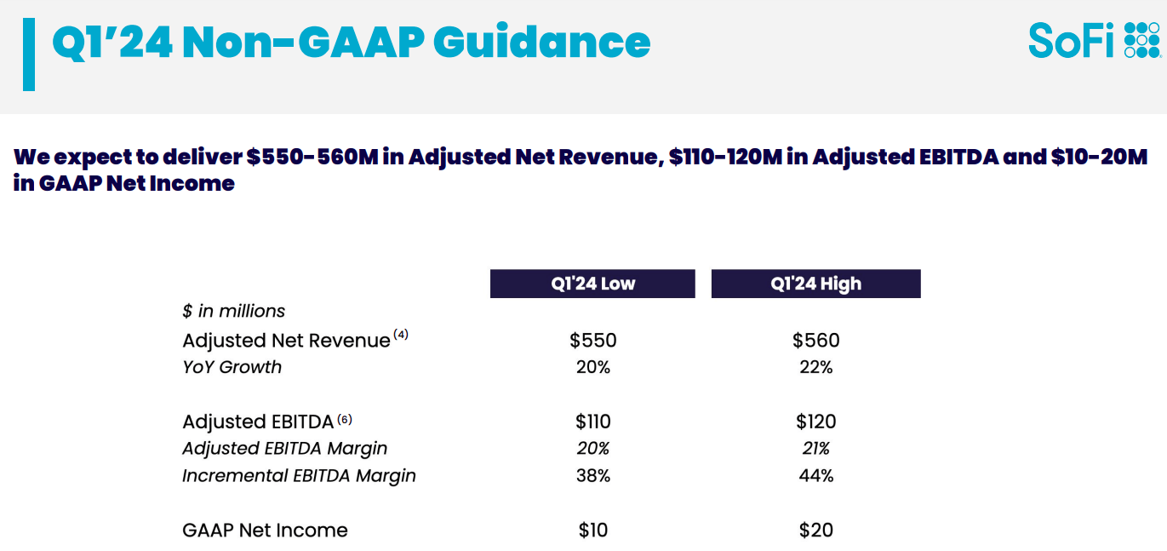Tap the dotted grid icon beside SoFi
coord(1141,40)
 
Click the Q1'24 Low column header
coord(592,284)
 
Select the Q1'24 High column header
coord(815,284)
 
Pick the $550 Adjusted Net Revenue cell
coord(593,341)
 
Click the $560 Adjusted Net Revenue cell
coord(815,341)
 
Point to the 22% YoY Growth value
coord(815,368)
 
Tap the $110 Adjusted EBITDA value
coord(593,422)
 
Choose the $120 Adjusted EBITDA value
coord(815,422)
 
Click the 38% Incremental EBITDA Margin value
coord(593,476)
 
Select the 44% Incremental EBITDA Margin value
coord(815,476)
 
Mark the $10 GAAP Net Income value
coord(593,531)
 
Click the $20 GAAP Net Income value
coord(815,531)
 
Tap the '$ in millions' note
coord(234,312)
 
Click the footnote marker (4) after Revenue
coord(401,335)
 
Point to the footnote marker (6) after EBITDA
coord(344,419)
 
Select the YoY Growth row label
coord(232,368)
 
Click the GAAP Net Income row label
coord(265,531)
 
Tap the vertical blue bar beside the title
coord(29,55)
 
